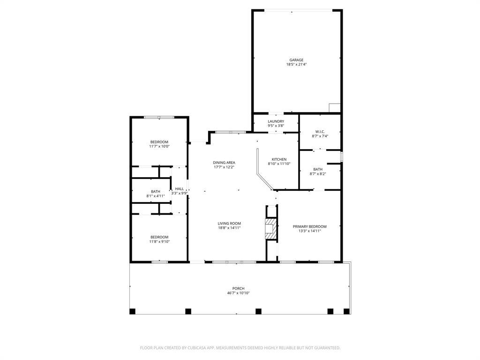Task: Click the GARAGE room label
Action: (296, 60)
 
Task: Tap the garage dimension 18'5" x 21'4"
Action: (296, 65)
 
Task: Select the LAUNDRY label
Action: (276, 121)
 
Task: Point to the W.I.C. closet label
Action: (320, 132)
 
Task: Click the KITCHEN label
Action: (279, 159)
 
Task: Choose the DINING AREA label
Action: (224, 163)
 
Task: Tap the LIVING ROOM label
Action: (229, 224)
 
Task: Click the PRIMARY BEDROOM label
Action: (309, 226)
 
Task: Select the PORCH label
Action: (238, 289)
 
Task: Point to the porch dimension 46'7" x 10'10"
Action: (238, 293)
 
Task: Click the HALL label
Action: (180, 188)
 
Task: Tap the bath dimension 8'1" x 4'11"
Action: (155, 196)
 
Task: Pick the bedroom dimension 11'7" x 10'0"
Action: (159, 146)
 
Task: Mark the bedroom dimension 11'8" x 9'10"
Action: (159, 242)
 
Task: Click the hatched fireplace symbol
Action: (270, 228)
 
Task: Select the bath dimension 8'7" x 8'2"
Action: (318, 174)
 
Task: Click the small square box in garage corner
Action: (334, 108)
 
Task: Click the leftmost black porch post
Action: (132, 311)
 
